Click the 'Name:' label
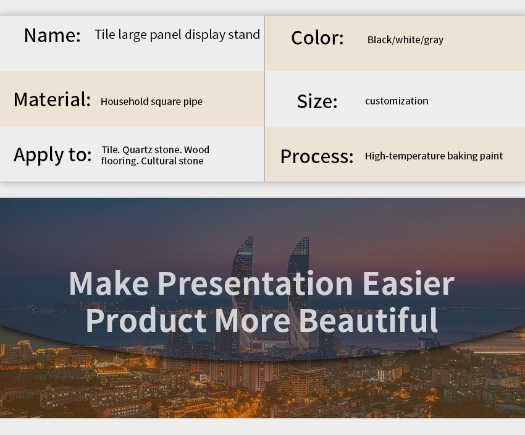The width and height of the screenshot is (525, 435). pos(52,35)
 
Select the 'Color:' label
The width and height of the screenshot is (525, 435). pos(317,38)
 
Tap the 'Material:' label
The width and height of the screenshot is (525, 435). pos(52,99)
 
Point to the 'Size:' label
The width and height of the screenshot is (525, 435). pos(317,101)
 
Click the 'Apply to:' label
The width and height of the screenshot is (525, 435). pos(52,155)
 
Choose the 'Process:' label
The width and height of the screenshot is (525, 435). pos(317,156)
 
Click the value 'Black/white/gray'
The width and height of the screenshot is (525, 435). pos(405,40)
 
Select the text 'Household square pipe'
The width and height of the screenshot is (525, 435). pos(151,101)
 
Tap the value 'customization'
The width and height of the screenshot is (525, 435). pos(397,101)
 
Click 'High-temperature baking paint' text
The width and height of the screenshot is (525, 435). pos(434,156)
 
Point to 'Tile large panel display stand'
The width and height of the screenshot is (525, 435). pos(177,35)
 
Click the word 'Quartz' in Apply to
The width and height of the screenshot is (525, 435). pos(138,150)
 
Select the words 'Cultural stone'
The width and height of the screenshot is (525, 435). pos(172,161)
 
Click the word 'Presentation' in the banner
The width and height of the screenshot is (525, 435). pos(255,283)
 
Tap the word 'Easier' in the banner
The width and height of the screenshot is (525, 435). pos(408,283)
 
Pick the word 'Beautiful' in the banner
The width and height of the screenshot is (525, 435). pos(368,320)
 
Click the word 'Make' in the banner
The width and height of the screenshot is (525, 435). pos(109,283)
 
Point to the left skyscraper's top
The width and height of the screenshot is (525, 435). pos(249,237)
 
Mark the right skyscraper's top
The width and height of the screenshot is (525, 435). pos(305,238)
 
